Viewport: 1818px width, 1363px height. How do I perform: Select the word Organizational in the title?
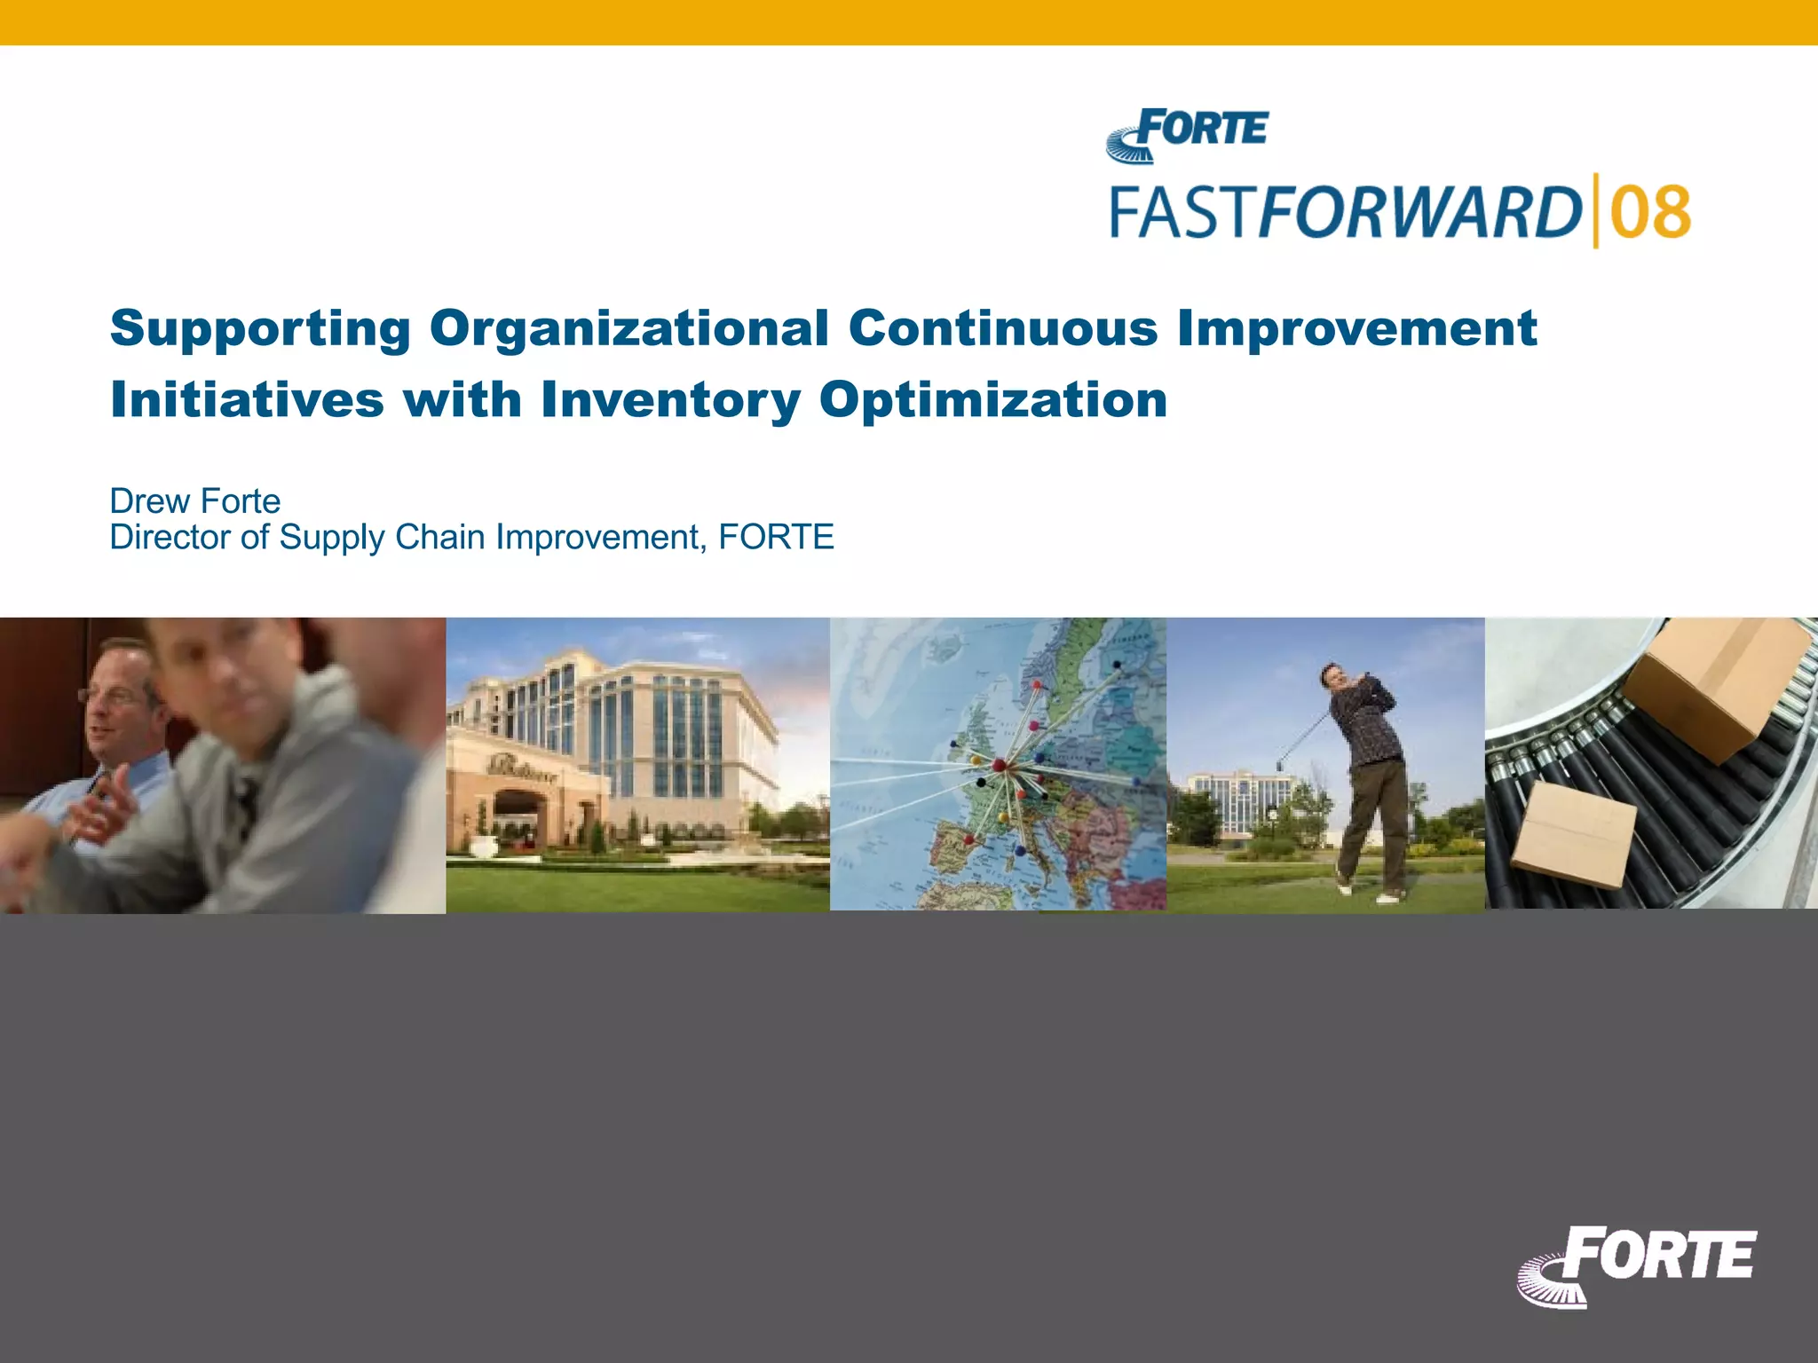tap(628, 328)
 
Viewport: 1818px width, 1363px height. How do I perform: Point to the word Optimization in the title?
tap(992, 400)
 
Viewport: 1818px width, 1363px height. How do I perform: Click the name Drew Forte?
tap(194, 501)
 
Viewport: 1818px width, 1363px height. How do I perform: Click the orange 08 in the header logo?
tap(1650, 213)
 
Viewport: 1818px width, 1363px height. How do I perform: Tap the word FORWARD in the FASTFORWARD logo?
tap(1420, 213)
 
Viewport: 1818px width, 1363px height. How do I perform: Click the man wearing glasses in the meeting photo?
tap(120, 710)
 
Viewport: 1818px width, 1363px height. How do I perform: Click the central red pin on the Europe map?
tap(999, 764)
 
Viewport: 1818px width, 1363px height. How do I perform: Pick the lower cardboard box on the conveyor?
tap(1573, 834)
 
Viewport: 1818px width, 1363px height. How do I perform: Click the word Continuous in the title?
tap(1003, 328)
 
